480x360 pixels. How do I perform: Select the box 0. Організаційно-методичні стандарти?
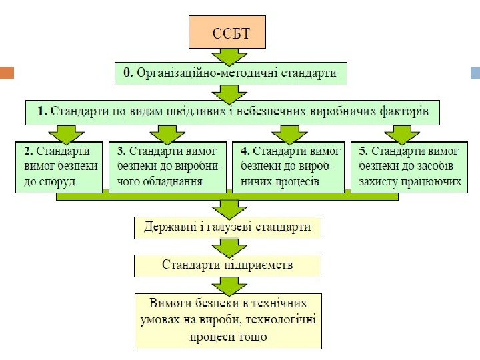coord(231,73)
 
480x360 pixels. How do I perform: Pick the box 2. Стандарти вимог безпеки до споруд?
coord(59,166)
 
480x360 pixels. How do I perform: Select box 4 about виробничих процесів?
coord(288,166)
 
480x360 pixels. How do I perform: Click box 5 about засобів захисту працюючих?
coord(407,166)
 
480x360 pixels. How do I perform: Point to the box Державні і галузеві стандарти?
coord(228,227)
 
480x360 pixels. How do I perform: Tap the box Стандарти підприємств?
coord(228,265)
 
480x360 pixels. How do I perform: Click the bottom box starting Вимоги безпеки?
coord(228,320)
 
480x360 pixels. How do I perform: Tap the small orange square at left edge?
coord(7,73)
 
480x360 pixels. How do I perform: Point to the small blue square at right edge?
coord(475,73)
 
